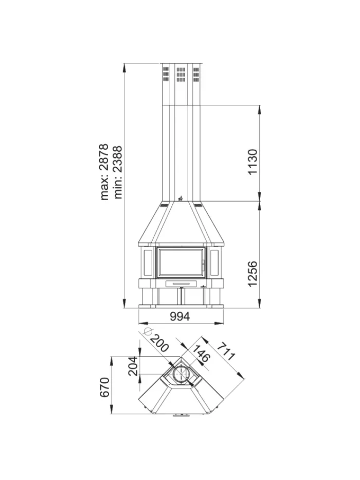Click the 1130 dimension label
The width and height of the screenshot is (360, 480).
tap(253, 162)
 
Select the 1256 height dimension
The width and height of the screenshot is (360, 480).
tap(253, 274)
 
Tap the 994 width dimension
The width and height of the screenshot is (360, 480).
tap(180, 316)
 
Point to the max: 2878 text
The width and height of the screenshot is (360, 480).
tap(104, 172)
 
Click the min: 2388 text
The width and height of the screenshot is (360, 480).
tap(118, 172)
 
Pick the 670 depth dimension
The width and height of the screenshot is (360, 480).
tap(105, 387)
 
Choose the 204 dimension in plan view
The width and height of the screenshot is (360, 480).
tap(133, 366)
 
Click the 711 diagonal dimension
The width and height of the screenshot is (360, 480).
tap(226, 351)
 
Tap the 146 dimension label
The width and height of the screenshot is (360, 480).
tap(201, 353)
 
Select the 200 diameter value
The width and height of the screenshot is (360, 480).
tap(159, 343)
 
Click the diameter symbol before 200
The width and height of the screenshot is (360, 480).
tap(148, 331)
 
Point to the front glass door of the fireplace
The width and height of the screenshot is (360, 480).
tap(181, 262)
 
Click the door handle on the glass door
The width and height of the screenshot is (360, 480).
tap(202, 265)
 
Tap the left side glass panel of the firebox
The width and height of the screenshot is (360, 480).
tap(148, 262)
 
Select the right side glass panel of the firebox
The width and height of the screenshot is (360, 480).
tap(214, 262)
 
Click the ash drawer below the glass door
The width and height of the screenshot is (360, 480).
tap(181, 283)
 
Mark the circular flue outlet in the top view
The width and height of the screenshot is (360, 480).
tap(181, 374)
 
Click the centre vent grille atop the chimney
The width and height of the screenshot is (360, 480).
tap(181, 75)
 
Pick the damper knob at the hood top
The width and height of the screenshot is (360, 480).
tap(181, 199)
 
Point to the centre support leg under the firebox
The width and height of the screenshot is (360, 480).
tap(182, 296)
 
